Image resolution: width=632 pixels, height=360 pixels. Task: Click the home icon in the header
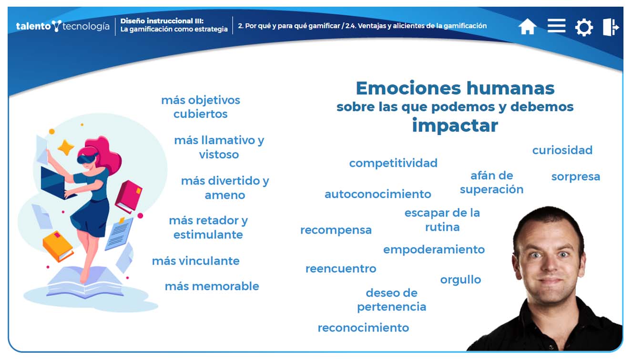click(527, 27)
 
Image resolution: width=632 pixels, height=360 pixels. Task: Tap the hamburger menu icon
click(556, 26)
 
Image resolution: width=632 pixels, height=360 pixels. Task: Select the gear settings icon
click(584, 27)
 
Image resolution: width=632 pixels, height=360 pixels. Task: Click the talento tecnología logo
click(62, 26)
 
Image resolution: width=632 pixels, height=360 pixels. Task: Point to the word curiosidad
click(562, 150)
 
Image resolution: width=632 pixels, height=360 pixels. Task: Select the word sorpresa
click(576, 177)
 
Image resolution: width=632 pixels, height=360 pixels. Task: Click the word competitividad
click(393, 163)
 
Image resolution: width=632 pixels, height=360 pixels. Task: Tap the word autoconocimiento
click(378, 194)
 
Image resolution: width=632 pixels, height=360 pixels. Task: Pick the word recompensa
click(336, 230)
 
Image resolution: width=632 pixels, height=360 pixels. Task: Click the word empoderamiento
click(434, 249)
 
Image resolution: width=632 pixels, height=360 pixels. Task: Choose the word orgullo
click(461, 280)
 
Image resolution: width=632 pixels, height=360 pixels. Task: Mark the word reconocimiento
click(363, 328)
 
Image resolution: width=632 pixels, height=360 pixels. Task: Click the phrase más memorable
click(212, 286)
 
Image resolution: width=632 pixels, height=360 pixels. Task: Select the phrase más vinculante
click(195, 261)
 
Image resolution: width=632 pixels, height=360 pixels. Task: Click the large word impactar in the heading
click(455, 126)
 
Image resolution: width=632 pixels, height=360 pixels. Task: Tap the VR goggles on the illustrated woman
click(88, 158)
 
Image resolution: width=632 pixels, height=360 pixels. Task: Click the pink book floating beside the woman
click(129, 196)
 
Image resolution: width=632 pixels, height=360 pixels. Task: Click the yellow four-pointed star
click(66, 147)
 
